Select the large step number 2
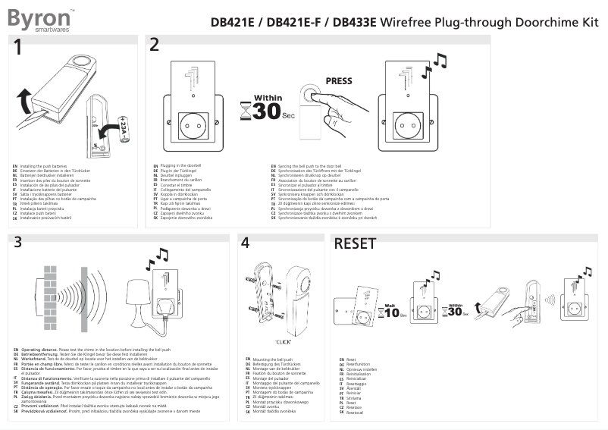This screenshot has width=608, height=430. click(155, 45)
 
